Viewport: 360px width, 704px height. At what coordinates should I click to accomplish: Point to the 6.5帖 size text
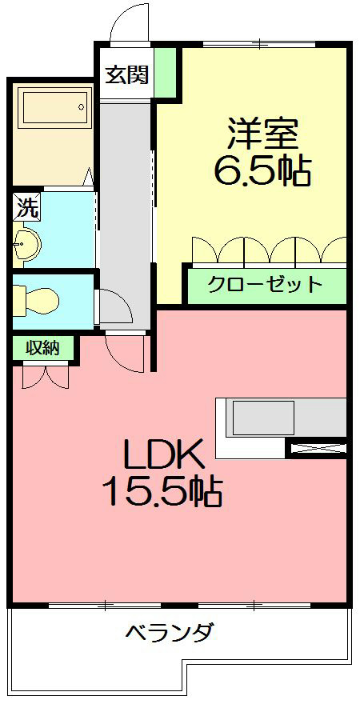click(262, 170)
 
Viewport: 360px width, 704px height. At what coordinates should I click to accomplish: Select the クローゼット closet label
click(265, 284)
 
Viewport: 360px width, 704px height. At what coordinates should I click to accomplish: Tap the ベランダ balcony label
click(169, 633)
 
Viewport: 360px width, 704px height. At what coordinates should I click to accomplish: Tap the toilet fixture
click(37, 300)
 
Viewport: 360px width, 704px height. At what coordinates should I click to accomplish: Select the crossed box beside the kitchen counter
click(317, 449)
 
